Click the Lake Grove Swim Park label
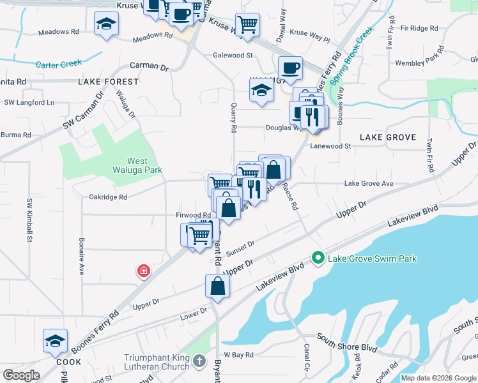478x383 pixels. [x=372, y=259]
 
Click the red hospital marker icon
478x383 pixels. [x=144, y=271]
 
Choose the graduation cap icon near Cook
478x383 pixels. [x=55, y=342]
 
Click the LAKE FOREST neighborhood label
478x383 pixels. [x=109, y=82]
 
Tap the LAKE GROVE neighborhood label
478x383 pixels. [x=388, y=137]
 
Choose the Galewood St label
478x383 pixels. [x=233, y=56]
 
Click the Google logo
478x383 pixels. [x=21, y=375]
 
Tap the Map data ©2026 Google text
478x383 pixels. [x=438, y=378]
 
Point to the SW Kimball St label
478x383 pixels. [x=29, y=220]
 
